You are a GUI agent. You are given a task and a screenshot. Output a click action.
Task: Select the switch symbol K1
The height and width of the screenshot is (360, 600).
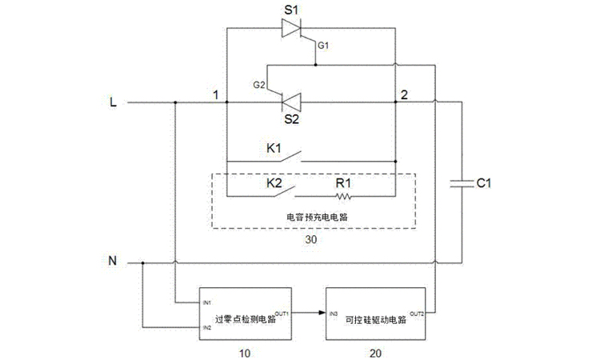tap(291, 156)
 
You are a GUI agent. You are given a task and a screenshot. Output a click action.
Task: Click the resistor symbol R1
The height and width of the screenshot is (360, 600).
tap(345, 194)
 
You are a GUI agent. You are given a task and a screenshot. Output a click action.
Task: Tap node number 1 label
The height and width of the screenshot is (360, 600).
tap(215, 94)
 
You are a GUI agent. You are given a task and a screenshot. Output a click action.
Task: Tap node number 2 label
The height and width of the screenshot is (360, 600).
tap(404, 94)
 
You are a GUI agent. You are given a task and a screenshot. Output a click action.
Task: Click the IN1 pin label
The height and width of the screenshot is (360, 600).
tap(207, 302)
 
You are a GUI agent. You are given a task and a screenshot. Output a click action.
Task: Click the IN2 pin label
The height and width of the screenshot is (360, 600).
tap(207, 327)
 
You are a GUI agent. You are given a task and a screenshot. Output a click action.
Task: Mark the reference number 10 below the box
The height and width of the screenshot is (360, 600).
tap(246, 350)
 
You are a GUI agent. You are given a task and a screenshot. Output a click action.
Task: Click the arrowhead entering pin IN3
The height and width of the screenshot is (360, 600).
tap(321, 314)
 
